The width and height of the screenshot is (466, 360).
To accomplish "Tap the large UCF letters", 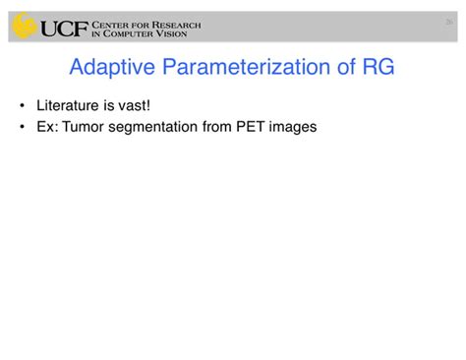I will tap(66, 28).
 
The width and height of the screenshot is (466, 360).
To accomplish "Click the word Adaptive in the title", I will tap(110, 68).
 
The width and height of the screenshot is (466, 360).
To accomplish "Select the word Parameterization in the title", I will tap(244, 68).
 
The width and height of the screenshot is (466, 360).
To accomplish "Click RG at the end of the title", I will tap(379, 68).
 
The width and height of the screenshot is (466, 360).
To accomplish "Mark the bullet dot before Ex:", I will tap(22, 126).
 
